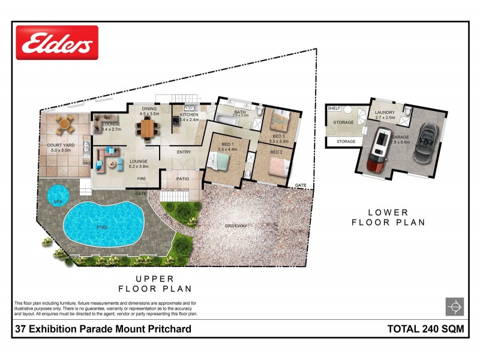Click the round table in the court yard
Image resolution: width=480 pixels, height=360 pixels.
pos(64,125)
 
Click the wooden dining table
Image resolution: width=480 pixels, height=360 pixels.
pos(148,127)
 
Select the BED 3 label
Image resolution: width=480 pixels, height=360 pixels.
pos(280,137)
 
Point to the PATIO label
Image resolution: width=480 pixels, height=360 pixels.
pos(184,178)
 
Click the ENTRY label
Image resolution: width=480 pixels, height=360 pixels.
pos(184,152)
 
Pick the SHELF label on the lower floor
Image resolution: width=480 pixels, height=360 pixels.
pos(334,109)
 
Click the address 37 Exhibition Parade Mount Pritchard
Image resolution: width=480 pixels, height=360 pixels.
pos(103,328)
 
